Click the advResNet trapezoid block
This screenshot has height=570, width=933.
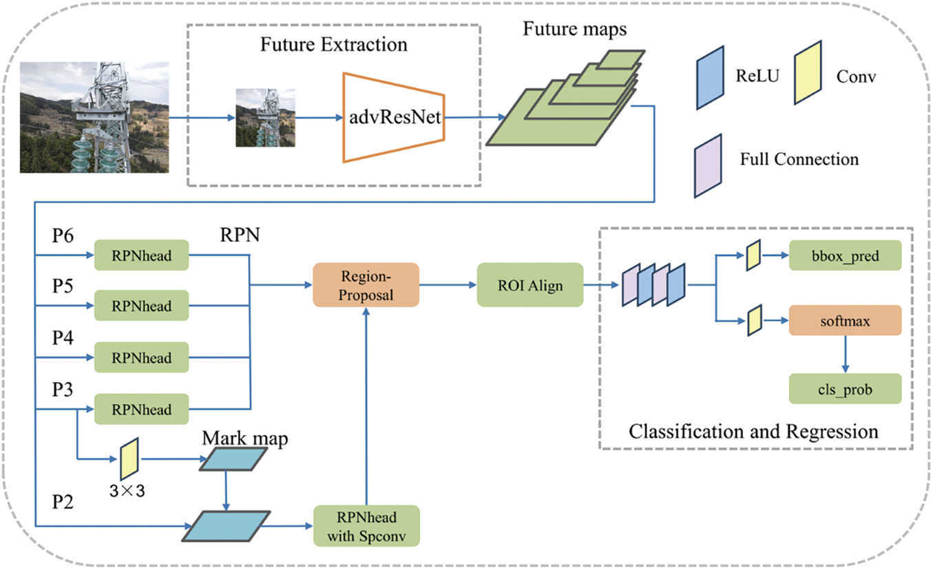pyautogui.click(x=392, y=117)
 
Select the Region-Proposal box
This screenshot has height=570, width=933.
pyautogui.click(x=366, y=284)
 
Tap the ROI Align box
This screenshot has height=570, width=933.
pyautogui.click(x=530, y=284)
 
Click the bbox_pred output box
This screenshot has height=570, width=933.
pyautogui.click(x=845, y=257)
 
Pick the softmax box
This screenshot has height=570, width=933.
pyautogui.click(x=845, y=321)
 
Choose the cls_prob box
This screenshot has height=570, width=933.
pyautogui.click(x=845, y=389)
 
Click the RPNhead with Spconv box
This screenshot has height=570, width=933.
pyautogui.click(x=366, y=526)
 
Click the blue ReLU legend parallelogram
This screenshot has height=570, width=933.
pyautogui.click(x=710, y=77)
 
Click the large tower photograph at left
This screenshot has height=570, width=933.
pyautogui.click(x=94, y=117)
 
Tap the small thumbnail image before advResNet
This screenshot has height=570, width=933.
pyautogui.click(x=265, y=117)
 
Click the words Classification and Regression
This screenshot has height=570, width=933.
pyautogui.click(x=753, y=432)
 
